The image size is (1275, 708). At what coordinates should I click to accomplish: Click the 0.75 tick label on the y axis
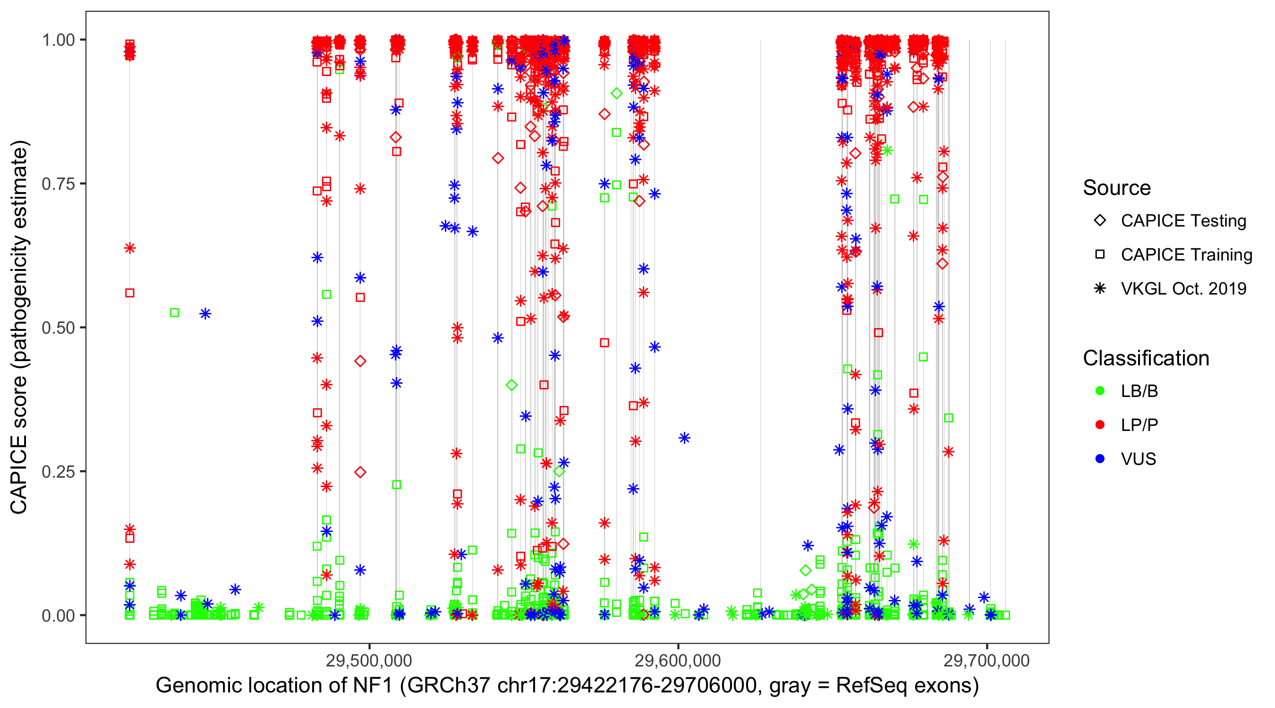coord(58,184)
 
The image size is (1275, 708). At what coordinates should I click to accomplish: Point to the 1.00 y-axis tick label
coord(58,40)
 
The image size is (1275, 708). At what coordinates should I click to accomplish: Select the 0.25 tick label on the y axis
coord(58,472)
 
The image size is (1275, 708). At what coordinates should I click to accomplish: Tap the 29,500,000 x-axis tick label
coord(369,660)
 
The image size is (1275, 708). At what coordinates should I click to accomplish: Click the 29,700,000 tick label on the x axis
coord(986,660)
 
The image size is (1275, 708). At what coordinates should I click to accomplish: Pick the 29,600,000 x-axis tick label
coord(678,660)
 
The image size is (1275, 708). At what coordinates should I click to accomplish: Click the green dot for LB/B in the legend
coord(1100,391)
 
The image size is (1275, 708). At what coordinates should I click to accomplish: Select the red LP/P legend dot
coord(1100,425)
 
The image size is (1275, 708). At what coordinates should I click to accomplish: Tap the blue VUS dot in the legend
coord(1100,459)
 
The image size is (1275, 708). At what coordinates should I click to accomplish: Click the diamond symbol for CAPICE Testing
coord(1100,220)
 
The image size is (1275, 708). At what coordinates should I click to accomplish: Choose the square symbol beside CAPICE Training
coord(1100,254)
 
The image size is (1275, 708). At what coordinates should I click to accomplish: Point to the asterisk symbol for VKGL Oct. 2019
coord(1100,288)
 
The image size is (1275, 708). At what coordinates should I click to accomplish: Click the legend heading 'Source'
coord(1117,188)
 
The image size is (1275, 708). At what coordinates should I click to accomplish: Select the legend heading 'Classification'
coord(1146,358)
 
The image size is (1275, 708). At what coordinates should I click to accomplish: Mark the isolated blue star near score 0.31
coord(685,438)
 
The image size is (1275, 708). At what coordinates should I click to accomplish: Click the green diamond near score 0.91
coord(616,93)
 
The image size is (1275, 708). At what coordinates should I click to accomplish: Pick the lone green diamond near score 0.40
coord(512,385)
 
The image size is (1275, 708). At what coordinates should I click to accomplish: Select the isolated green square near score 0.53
coord(174,312)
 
